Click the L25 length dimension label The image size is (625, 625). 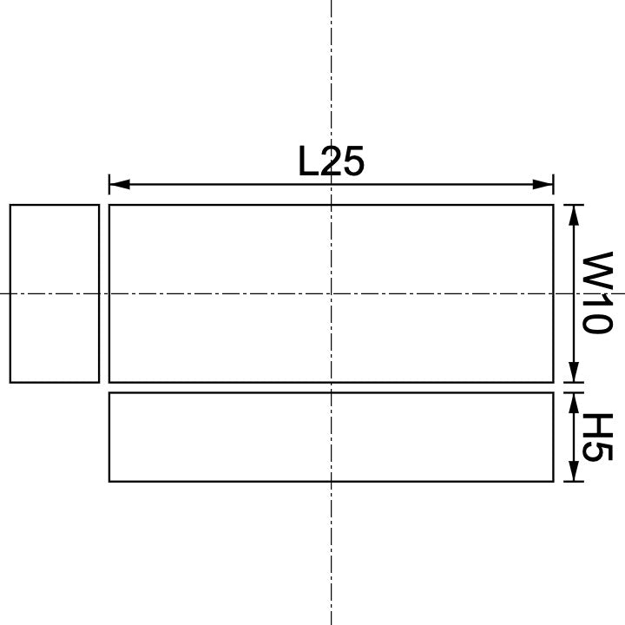point(331,161)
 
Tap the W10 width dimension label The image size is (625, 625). point(597,293)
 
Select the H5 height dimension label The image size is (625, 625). point(597,437)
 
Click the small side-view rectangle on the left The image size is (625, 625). point(55,293)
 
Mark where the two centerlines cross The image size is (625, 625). point(331,293)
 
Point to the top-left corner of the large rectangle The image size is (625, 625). point(109,205)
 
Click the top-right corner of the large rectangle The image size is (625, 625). point(553,205)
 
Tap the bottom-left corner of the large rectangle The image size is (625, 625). point(109,382)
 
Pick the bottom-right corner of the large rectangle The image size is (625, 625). point(553,382)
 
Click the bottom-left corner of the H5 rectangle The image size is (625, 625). point(109,481)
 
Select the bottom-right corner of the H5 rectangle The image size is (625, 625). point(553,481)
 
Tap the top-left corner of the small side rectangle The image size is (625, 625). point(10,205)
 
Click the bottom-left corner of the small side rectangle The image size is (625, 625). point(10,382)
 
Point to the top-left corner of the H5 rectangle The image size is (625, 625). point(109,392)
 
